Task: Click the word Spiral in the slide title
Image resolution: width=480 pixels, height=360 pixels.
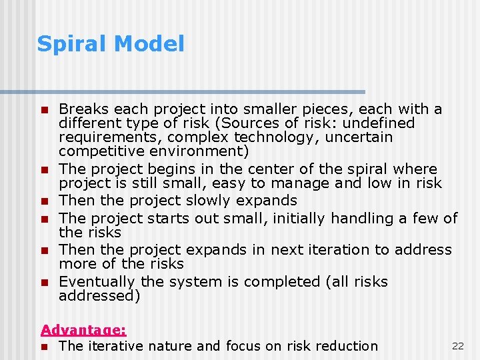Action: (x=73, y=44)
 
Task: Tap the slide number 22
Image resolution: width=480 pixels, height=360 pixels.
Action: (x=458, y=345)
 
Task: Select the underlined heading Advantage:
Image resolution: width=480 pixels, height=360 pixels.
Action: (x=83, y=329)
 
